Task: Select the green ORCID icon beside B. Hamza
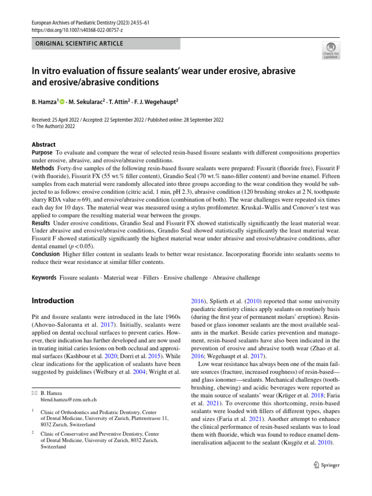tap(62, 102)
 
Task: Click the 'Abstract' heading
tap(44, 144)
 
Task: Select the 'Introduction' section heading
tap(53, 301)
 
